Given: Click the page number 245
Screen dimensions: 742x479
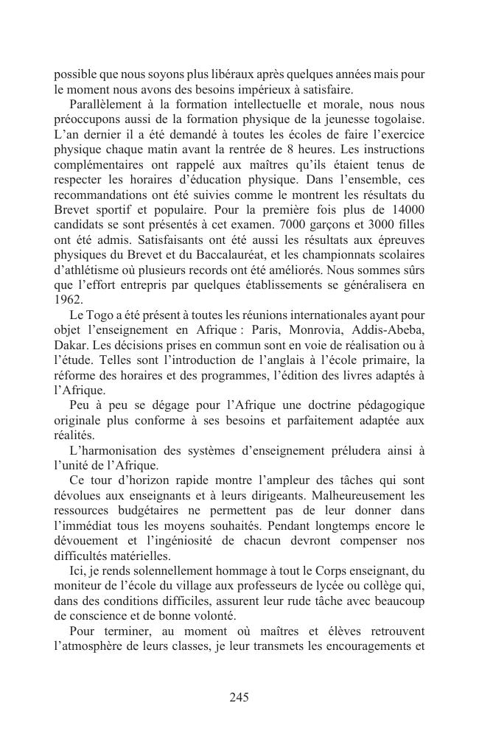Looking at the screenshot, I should tap(239, 697).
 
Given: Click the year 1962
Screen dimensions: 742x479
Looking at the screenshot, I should tap(69, 300).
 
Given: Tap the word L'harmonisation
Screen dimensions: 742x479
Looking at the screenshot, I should tap(116, 449).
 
